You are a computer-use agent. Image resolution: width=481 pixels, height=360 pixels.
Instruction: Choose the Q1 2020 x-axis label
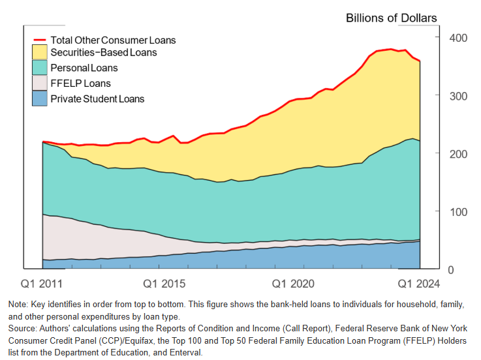[294, 284]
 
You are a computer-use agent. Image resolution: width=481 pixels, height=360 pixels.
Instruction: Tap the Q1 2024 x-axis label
[418, 284]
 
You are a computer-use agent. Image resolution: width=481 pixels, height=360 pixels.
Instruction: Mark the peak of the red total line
[390, 49]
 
